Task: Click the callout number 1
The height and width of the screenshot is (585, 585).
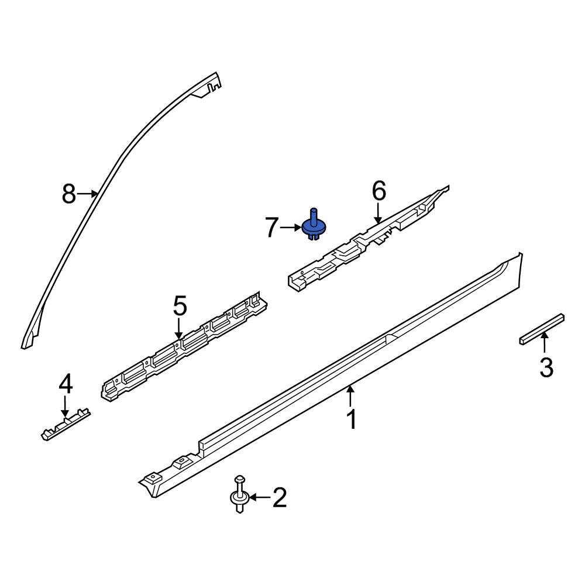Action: pos(351,419)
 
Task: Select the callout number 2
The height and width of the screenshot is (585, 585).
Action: pos(279,498)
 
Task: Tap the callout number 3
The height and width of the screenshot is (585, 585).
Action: pos(546,368)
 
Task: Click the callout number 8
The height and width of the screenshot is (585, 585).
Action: pos(69,194)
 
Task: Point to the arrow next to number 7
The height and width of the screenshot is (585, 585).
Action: pos(291,228)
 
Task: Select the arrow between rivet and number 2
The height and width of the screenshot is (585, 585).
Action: pos(260,498)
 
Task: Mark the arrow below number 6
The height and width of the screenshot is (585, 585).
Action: pos(379,212)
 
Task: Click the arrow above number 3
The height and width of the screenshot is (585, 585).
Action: pos(545,343)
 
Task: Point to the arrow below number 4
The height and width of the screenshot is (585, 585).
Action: pos(65,406)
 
